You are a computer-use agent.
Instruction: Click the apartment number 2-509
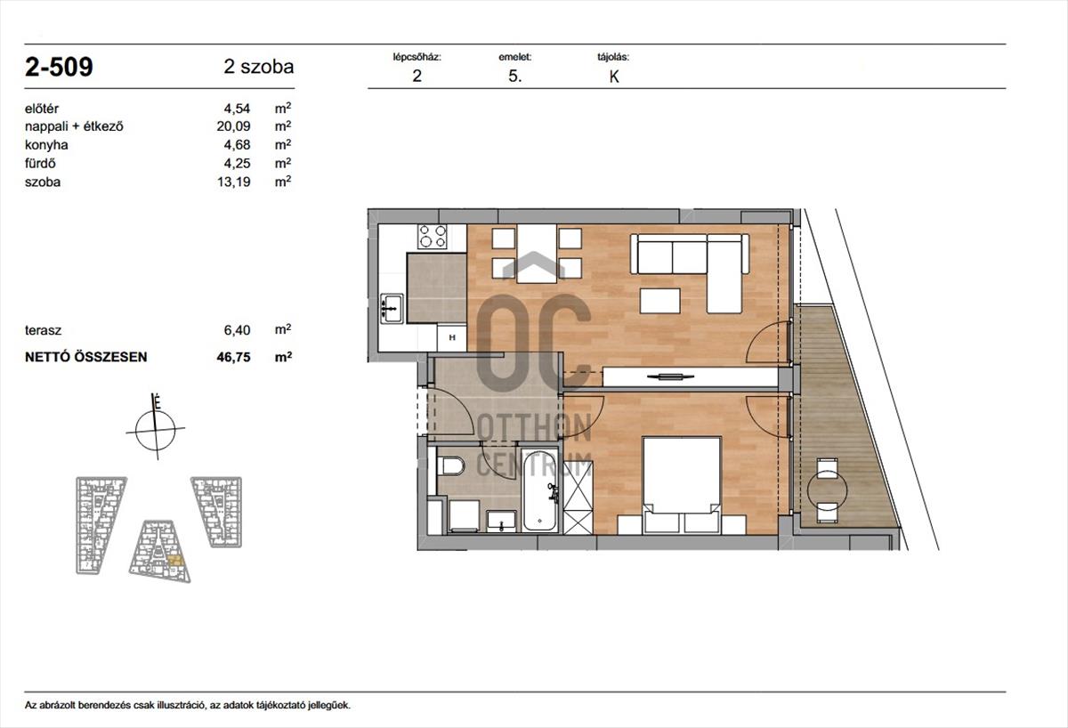point(59,67)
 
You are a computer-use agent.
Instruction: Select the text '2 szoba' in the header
point(259,67)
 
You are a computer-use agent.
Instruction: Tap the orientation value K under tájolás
point(613,77)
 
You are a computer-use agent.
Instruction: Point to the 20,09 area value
point(233,126)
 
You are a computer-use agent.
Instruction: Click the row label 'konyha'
point(46,145)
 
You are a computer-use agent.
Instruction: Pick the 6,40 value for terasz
point(237,330)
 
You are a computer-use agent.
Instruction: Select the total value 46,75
point(233,357)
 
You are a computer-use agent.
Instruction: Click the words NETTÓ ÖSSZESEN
point(85,357)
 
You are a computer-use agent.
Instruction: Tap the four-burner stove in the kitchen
point(433,237)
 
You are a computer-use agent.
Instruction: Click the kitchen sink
point(392,308)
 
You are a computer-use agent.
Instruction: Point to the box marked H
point(451,338)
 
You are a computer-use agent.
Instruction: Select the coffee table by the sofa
point(660,300)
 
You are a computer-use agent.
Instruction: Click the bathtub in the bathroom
point(539,490)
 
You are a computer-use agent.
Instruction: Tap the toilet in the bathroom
point(450,466)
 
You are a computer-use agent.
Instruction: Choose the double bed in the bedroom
point(682,485)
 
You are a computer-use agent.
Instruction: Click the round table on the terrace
point(827,490)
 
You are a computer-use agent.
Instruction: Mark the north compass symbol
point(156,427)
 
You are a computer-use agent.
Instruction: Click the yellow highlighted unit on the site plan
point(176,561)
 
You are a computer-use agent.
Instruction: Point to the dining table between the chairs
point(537,253)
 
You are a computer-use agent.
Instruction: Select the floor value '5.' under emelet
point(515,77)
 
